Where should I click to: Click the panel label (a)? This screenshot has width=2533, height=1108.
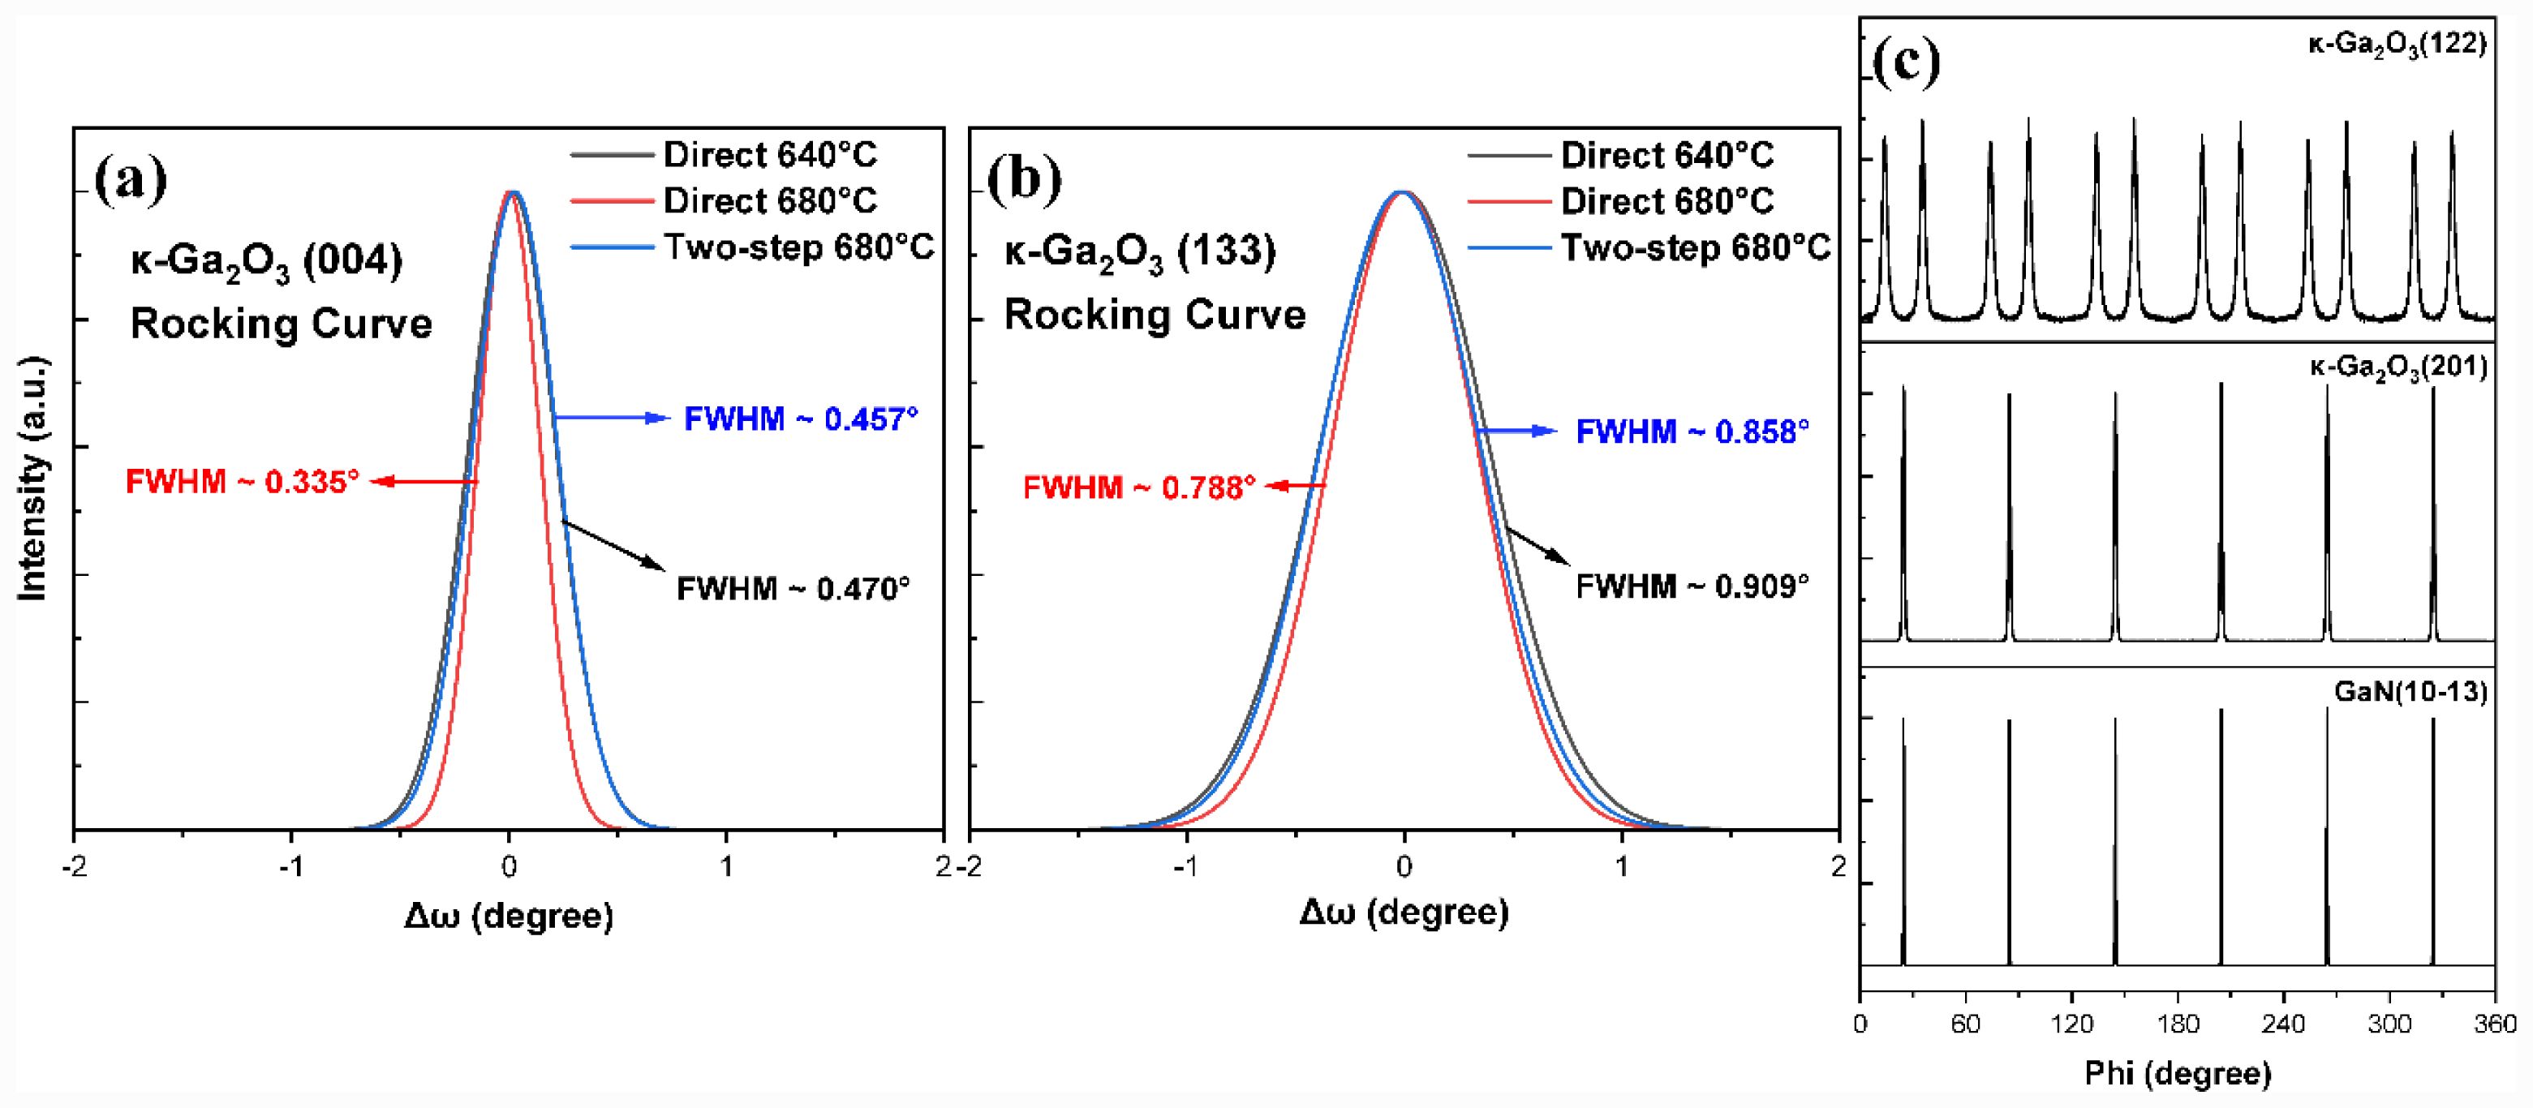click(x=131, y=180)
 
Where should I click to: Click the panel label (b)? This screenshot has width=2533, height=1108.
click(x=1025, y=180)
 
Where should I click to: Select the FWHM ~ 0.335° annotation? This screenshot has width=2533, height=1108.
click(x=242, y=482)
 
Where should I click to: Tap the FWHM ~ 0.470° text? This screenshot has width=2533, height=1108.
click(x=793, y=589)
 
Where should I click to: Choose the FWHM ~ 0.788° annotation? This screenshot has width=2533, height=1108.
click(x=1138, y=487)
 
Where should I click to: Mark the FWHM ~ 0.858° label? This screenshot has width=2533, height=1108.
click(x=1692, y=432)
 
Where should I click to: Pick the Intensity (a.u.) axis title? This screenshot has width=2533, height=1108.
click(x=34, y=479)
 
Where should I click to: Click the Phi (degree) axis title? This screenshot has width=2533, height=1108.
click(x=2177, y=1072)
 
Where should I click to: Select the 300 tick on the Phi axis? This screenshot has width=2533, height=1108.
click(x=2389, y=1024)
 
